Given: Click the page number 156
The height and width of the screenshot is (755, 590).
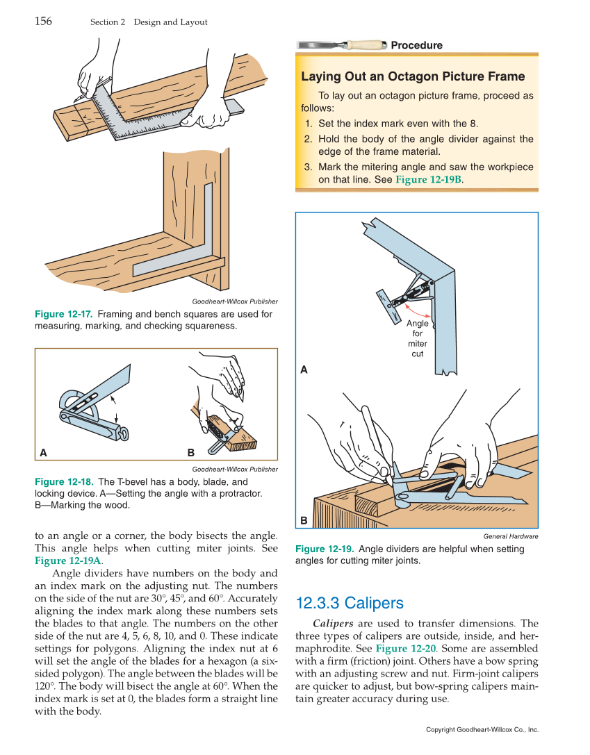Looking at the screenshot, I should click(43, 21).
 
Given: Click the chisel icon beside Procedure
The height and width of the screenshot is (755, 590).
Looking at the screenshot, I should click(341, 45).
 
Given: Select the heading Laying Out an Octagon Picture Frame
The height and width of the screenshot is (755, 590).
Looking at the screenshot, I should click(413, 77).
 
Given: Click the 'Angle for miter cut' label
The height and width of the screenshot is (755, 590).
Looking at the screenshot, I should click(417, 338).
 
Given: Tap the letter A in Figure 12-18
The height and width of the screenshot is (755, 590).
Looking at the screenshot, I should click(43, 453).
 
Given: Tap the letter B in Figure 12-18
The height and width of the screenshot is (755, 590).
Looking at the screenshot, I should click(191, 453).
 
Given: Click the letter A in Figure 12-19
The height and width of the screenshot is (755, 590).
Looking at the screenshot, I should click(304, 370).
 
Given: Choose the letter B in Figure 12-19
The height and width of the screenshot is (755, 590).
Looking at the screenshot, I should click(304, 520).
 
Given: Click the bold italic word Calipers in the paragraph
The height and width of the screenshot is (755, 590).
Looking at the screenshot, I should click(333, 624).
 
